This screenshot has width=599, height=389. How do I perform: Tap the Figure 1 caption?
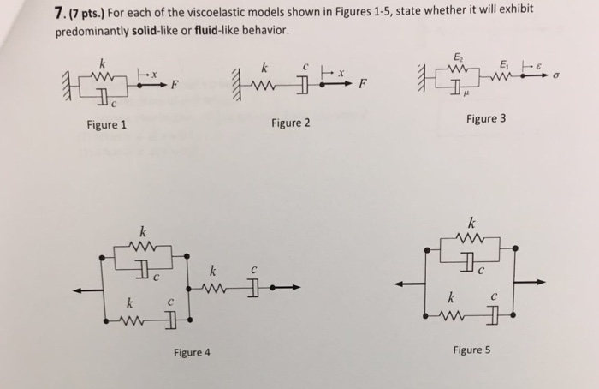pyautogui.click(x=107, y=125)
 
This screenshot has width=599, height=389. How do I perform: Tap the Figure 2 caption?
pyautogui.click(x=290, y=123)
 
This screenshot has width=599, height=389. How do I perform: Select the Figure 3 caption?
pyautogui.click(x=486, y=118)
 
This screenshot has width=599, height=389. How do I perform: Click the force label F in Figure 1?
pyautogui.click(x=175, y=85)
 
